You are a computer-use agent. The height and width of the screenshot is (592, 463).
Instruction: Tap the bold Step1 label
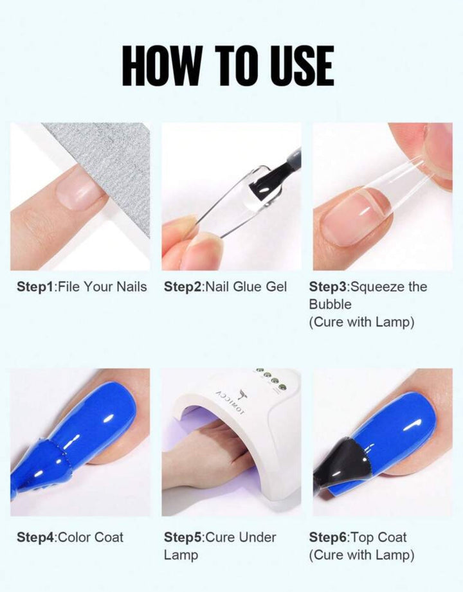(x=36, y=287)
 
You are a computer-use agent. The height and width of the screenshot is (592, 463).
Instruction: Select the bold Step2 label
(x=183, y=287)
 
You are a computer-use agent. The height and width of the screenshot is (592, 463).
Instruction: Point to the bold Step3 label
(x=328, y=287)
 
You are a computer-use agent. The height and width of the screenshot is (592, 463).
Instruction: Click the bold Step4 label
(x=36, y=537)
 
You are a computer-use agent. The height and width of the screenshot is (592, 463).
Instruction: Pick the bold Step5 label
(x=183, y=537)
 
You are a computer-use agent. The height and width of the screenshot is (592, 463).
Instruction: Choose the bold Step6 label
(x=329, y=537)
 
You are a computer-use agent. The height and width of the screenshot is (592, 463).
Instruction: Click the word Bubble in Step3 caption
(x=330, y=304)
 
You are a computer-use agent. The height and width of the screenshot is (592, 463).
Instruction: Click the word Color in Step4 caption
(x=75, y=537)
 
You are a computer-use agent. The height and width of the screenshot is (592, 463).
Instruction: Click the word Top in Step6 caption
(x=362, y=538)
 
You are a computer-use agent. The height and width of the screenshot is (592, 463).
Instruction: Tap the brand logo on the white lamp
(x=233, y=402)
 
